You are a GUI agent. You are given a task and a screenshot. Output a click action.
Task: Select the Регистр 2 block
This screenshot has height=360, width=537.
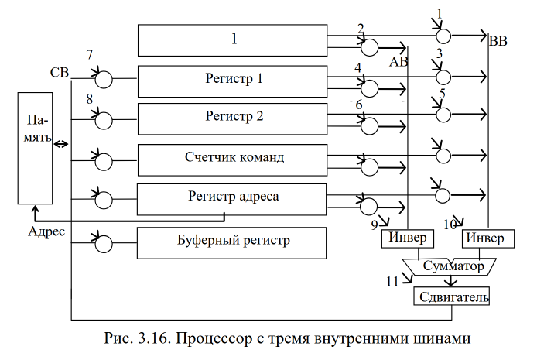coord(233,118)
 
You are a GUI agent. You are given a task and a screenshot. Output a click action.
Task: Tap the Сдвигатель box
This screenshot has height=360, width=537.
coord(453,296)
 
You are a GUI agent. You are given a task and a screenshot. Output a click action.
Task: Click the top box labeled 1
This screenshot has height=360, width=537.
coord(233,39)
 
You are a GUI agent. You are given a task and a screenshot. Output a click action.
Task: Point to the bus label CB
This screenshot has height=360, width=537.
coord(60,74)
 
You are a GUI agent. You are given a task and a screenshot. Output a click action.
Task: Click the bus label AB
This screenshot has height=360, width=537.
coord(398,61)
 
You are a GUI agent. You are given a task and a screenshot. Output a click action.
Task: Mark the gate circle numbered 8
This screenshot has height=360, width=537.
coord(104,119)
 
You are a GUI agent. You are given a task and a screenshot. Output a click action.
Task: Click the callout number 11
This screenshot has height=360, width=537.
coord(392,279)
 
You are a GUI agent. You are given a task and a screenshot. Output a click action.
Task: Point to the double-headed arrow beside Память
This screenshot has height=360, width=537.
coord(60,144)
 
